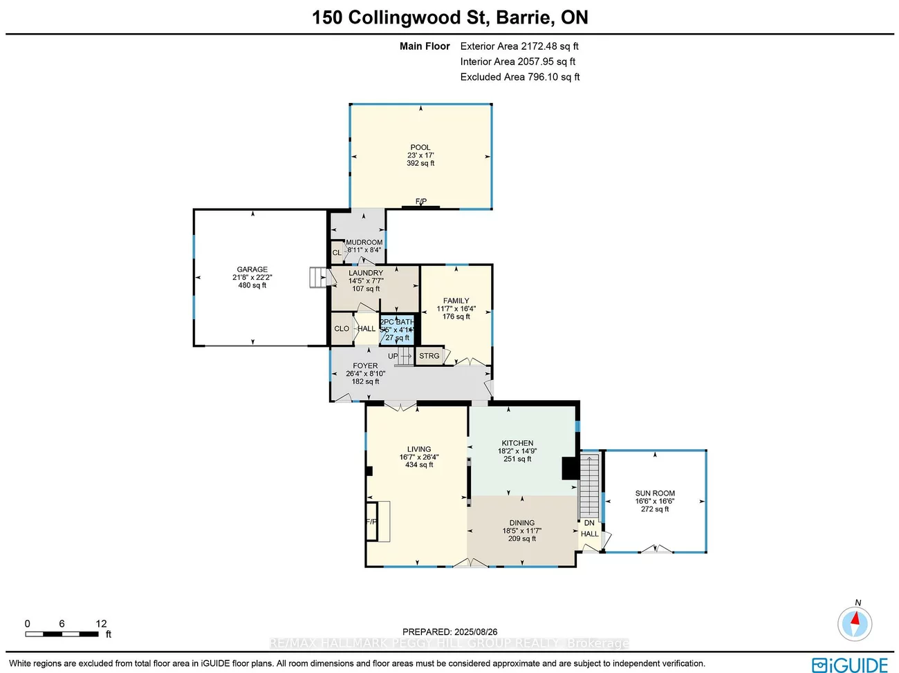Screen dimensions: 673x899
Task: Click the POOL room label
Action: [420, 147]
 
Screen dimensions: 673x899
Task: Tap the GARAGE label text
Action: [252, 269]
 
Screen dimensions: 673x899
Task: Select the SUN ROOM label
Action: [655, 493]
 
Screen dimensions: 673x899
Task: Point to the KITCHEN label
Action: [517, 443]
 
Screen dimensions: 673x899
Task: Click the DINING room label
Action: [522, 523]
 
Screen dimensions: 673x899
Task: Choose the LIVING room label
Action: [419, 449]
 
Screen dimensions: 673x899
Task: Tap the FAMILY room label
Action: [456, 301]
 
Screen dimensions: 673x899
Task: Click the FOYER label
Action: [365, 366]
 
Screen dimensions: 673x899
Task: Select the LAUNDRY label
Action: [366, 273]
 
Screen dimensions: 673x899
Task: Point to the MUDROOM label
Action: [364, 243]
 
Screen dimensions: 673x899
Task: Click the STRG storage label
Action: [429, 356]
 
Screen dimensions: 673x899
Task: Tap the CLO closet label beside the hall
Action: [342, 329]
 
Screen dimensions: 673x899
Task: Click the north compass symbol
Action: [855, 624]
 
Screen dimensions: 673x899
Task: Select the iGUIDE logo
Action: [850, 665]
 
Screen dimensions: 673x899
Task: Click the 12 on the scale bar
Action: [101, 623]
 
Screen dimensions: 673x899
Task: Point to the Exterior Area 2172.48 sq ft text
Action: [519, 46]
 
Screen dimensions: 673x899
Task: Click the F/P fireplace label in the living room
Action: [371, 521]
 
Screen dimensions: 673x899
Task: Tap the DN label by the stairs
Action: [589, 523]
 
